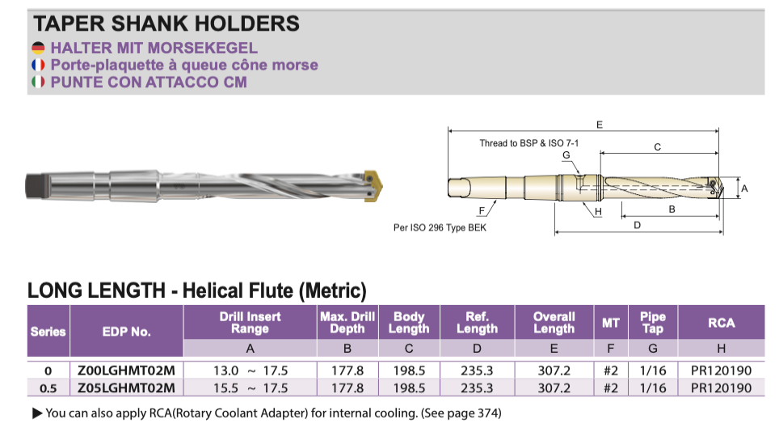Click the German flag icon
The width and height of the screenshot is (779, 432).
pyautogui.click(x=38, y=48)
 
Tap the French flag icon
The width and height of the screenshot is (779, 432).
pyautogui.click(x=38, y=65)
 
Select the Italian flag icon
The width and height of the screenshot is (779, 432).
pyautogui.click(x=38, y=82)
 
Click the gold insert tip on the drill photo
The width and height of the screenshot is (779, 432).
pyautogui.click(x=373, y=186)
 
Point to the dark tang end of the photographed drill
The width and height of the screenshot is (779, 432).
pyautogui.click(x=38, y=186)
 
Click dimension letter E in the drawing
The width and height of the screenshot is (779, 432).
pyautogui.click(x=599, y=125)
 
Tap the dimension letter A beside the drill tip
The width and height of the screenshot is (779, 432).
pyautogui.click(x=744, y=188)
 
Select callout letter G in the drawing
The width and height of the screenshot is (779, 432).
pyautogui.click(x=566, y=155)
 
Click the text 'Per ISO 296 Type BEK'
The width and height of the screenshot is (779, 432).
pyautogui.click(x=440, y=227)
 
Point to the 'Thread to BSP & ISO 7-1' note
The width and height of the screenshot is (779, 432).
pyautogui.click(x=529, y=143)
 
